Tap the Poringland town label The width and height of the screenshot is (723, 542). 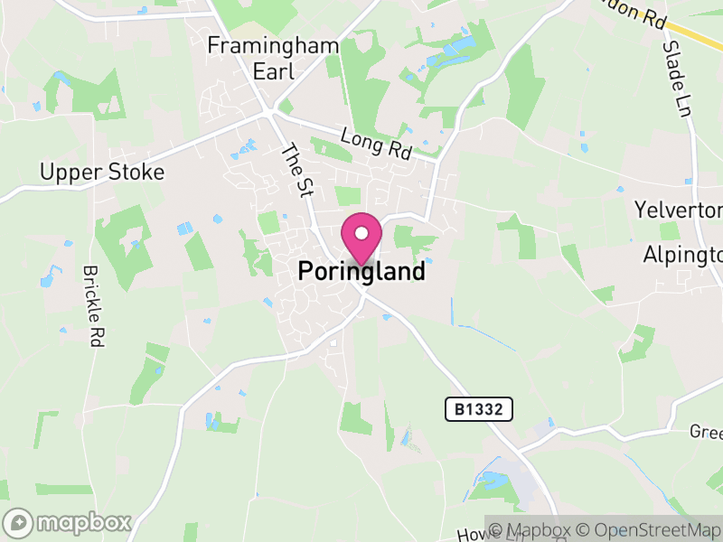(x=361, y=271)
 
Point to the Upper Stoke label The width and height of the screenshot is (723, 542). (x=102, y=172)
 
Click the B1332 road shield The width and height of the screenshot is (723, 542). (x=479, y=410)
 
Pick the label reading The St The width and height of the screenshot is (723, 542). (x=296, y=169)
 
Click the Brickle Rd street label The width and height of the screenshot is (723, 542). (x=93, y=306)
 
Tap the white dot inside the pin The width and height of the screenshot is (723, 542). (x=361, y=233)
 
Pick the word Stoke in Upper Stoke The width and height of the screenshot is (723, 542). (x=135, y=172)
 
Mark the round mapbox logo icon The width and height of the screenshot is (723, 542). (x=19, y=522)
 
